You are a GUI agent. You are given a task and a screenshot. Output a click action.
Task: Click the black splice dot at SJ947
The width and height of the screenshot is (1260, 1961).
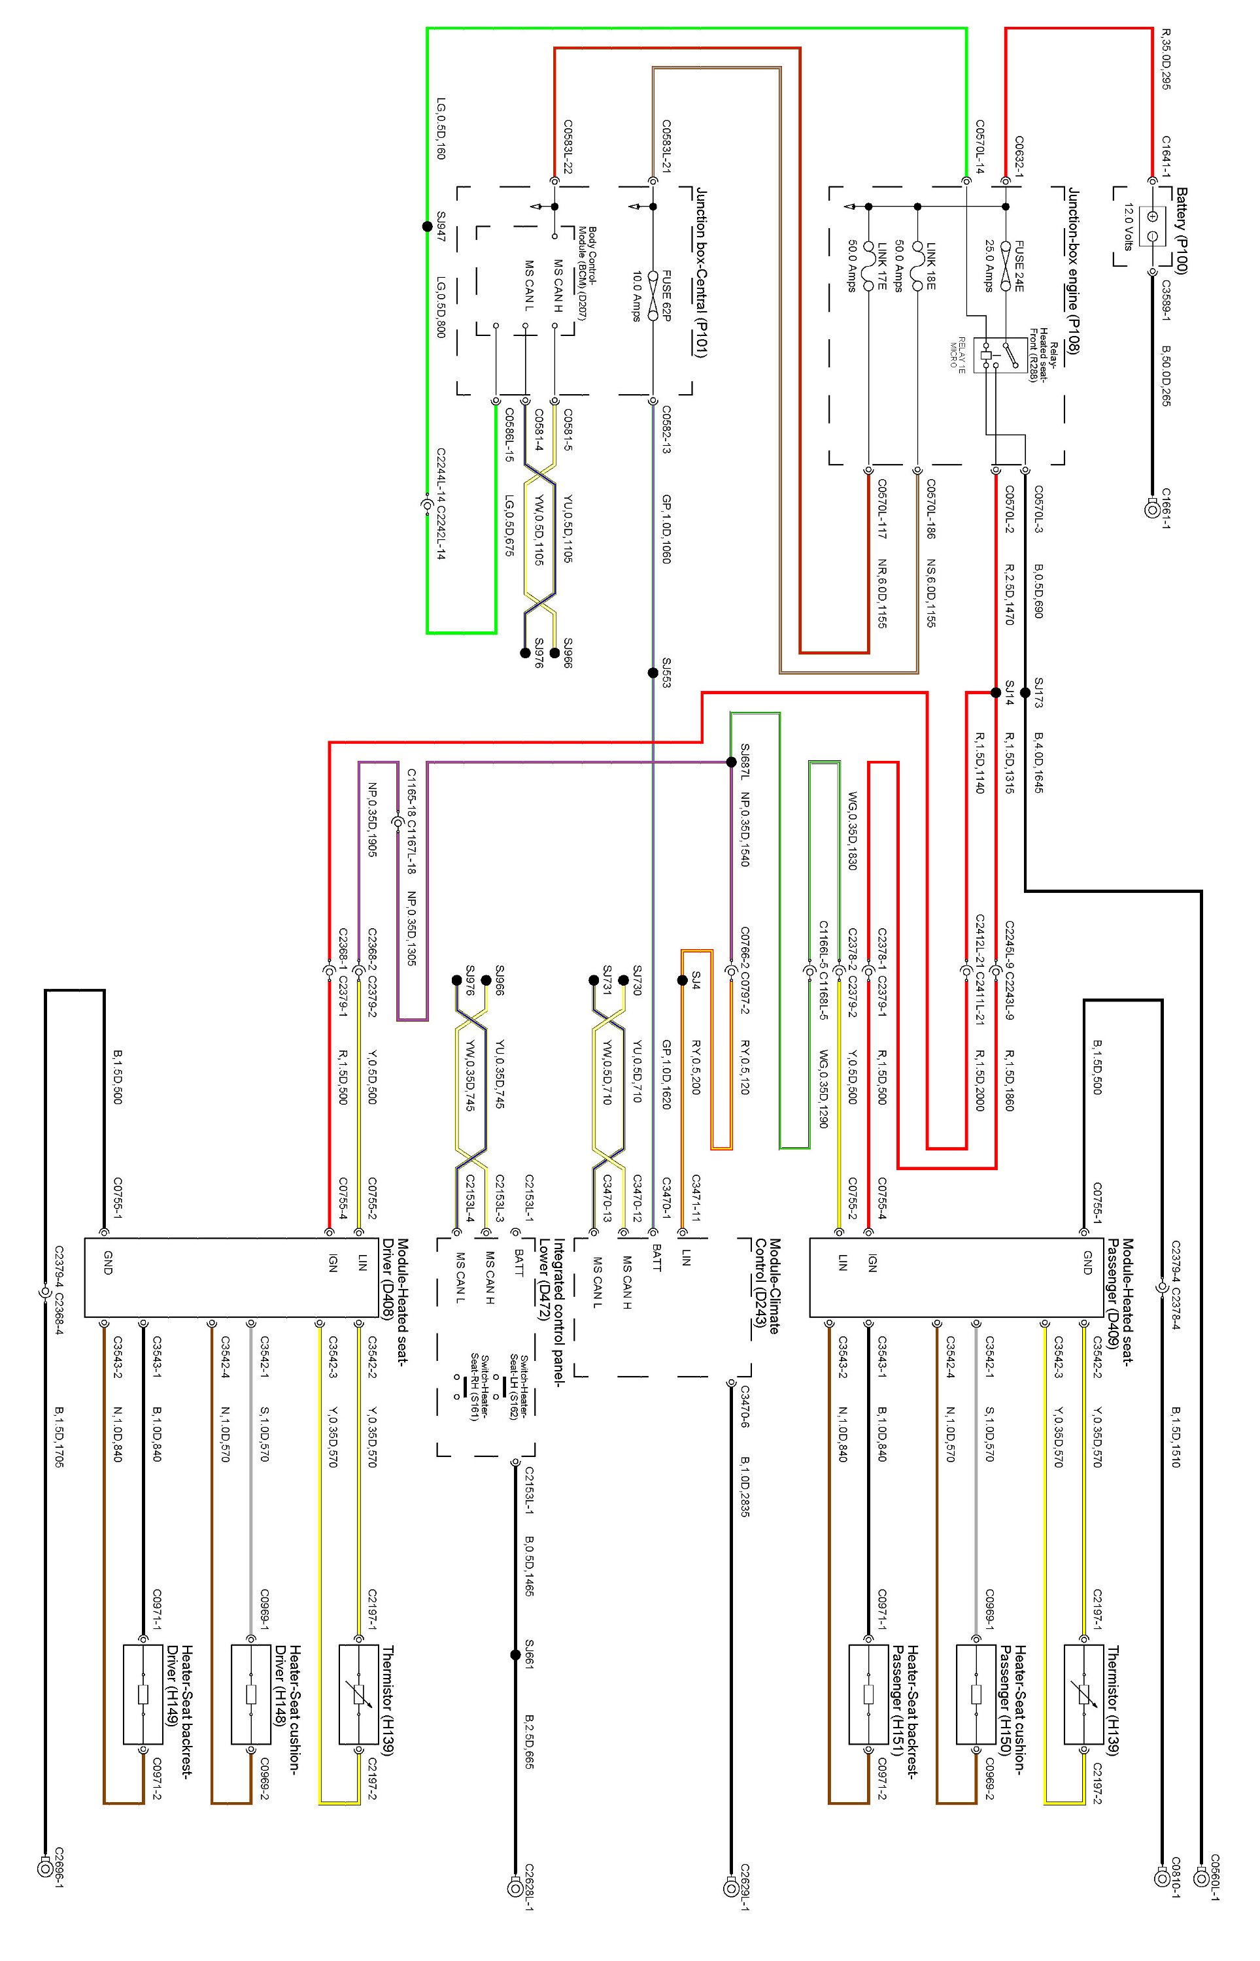click(426, 227)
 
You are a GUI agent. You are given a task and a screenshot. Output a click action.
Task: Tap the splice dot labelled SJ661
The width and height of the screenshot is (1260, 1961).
click(515, 1655)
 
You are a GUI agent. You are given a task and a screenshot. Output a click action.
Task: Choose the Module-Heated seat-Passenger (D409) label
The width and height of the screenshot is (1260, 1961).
click(1119, 1293)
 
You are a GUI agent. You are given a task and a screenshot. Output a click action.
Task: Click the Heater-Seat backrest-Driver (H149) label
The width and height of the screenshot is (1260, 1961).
click(179, 1687)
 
